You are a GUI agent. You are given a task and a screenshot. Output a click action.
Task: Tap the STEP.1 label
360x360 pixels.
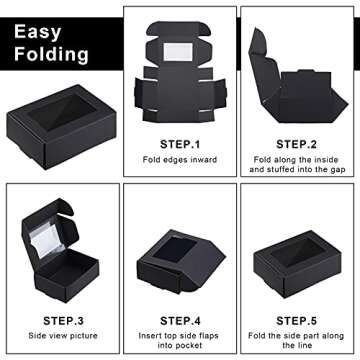coord(179,143)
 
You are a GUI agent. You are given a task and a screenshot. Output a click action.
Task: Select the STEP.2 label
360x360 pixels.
coord(297,143)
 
